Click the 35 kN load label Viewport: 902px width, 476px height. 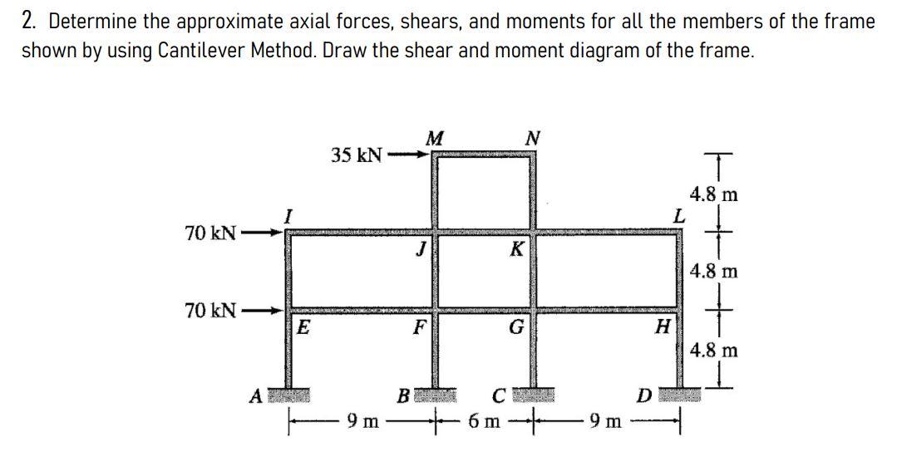357,155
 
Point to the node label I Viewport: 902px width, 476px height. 288,216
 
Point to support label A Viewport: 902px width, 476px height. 258,396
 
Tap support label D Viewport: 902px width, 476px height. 642,396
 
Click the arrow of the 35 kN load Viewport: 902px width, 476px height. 412,155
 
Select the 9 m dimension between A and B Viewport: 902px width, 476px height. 362,422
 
